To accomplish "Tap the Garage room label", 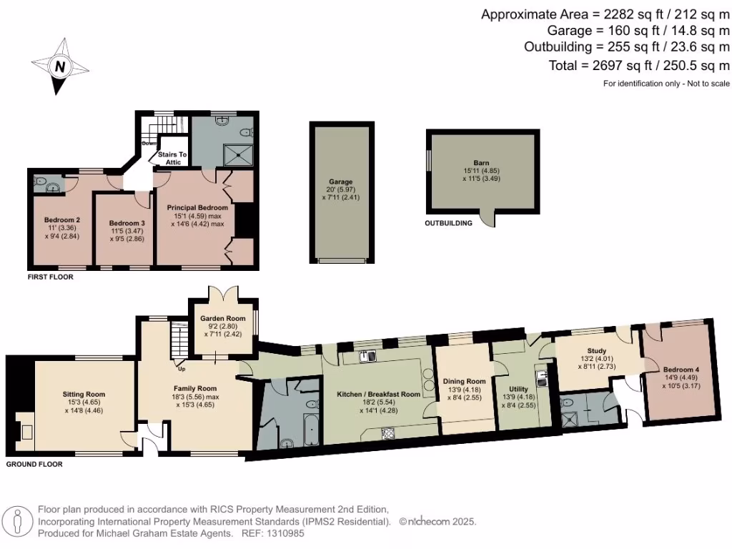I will coord(340,182).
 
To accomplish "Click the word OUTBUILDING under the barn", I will coord(449,223).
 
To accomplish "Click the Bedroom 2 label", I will coord(61,219).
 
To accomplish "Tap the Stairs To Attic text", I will coord(173,158).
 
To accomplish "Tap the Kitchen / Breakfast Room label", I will coord(378,394).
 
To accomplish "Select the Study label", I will coord(597,350).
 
